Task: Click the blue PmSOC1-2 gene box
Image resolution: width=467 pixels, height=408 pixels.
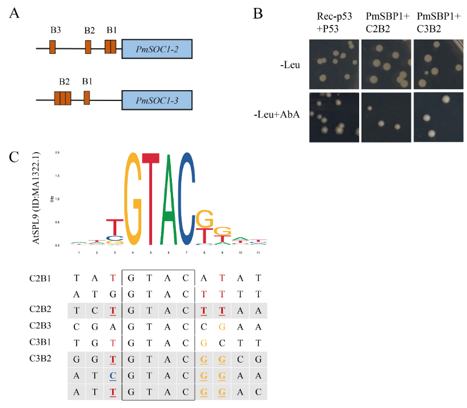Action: click(x=157, y=49)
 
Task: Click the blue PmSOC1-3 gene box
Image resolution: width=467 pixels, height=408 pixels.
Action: click(x=157, y=100)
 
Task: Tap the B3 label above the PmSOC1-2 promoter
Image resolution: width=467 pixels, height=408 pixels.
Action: click(x=55, y=30)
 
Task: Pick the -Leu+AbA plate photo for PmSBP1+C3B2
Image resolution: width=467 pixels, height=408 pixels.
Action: click(x=438, y=116)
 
